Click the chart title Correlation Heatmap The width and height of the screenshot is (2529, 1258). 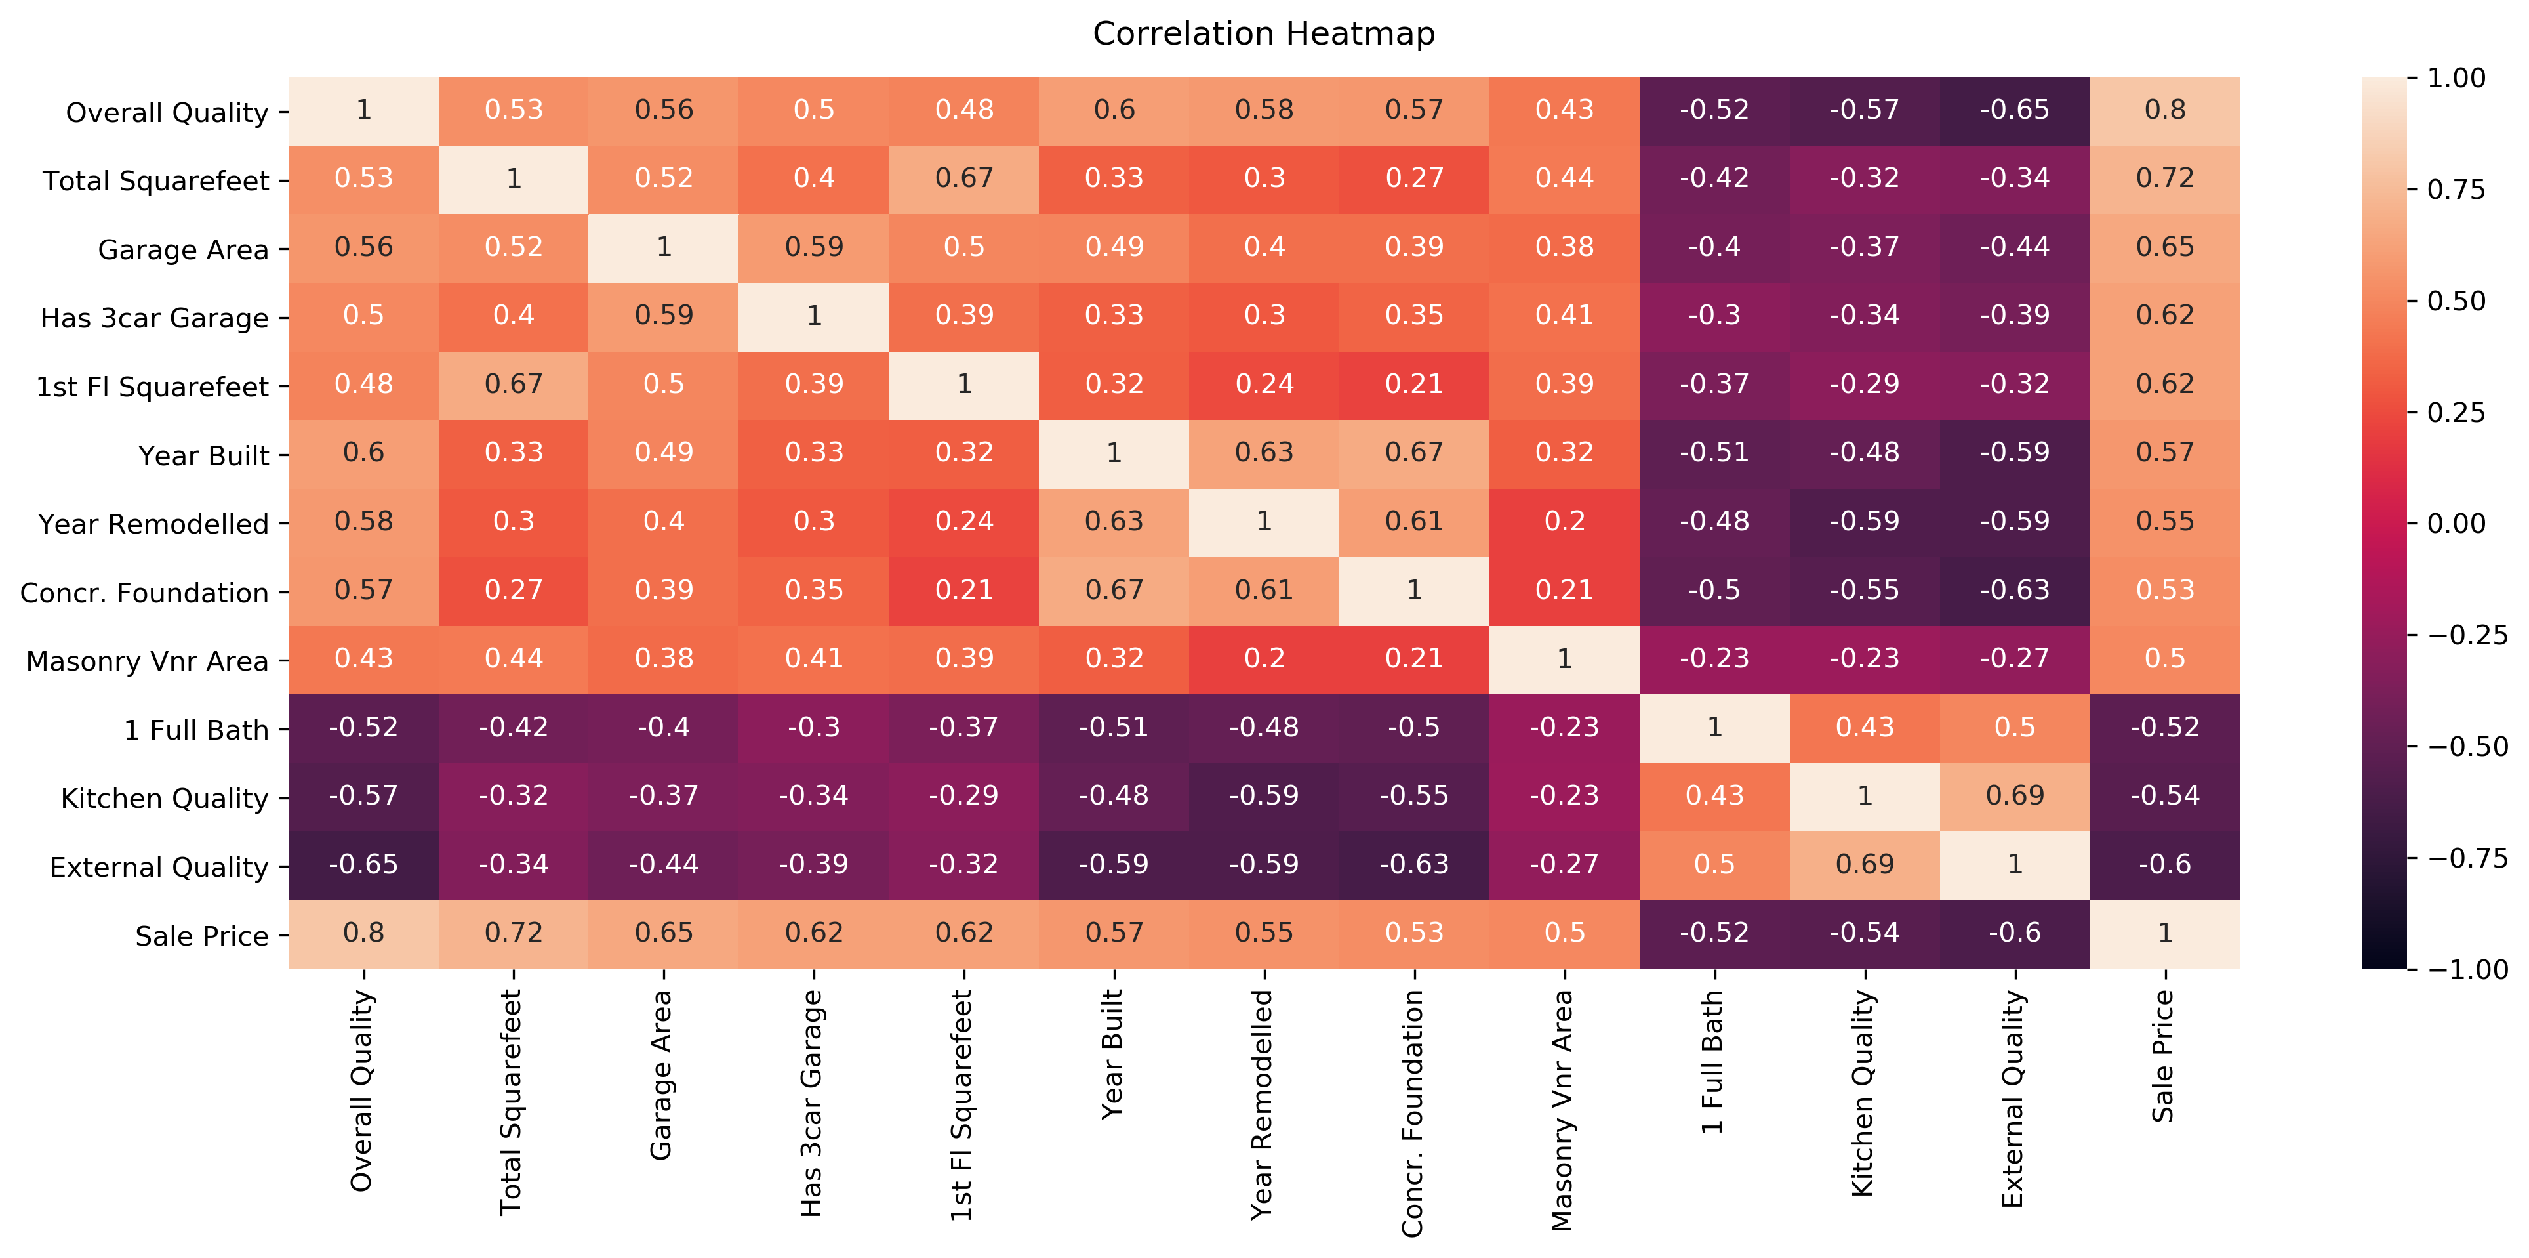point(1264,33)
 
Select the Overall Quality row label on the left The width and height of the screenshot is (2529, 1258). point(167,112)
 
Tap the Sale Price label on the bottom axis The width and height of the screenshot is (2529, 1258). point(2163,1056)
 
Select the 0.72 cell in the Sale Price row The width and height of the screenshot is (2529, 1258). point(514,933)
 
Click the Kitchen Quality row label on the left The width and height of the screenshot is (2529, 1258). point(164,799)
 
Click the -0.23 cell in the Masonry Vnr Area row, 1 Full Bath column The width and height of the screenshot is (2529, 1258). point(1714,658)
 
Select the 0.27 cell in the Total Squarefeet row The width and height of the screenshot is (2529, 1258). point(1414,178)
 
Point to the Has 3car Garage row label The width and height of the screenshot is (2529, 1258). point(154,318)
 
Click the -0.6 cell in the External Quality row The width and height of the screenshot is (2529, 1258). point(2165,864)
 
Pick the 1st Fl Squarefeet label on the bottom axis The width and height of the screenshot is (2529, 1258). point(961,1105)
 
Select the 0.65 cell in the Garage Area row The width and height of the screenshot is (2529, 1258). point(2165,247)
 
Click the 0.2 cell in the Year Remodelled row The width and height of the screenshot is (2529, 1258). point(1564,522)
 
